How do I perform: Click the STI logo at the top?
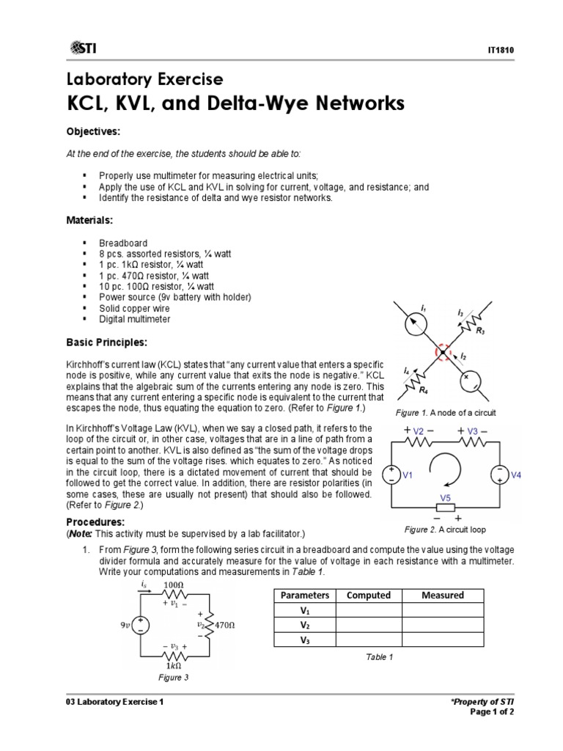coord(84,48)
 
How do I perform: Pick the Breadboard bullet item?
coord(123,243)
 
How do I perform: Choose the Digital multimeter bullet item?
coord(135,320)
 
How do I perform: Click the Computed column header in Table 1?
coord(369,596)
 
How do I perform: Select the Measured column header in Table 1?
coord(443,596)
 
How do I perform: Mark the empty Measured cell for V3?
coord(443,640)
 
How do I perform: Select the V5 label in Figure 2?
coord(445,497)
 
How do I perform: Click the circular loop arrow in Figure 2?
coord(446,471)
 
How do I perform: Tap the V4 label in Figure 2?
coord(515,475)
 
